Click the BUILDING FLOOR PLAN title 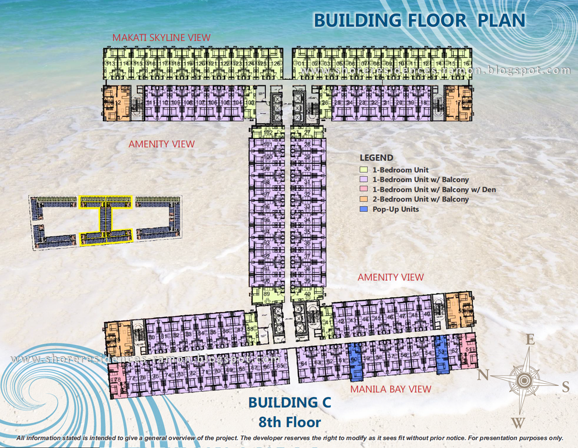pos(419,20)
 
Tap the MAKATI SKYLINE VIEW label pos(161,38)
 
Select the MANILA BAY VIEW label pos(391,389)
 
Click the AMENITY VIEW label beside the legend pos(391,277)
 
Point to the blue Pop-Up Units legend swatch pos(364,209)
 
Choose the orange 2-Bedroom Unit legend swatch pos(364,199)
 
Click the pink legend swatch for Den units pos(364,189)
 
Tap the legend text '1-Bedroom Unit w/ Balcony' pos(420,180)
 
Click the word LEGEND pos(376,158)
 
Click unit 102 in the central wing pos(267,133)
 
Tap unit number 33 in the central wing pos(307,206)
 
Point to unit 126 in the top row pos(277,63)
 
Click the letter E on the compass pos(530,340)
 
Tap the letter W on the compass pos(518,423)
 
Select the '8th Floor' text pos(289,422)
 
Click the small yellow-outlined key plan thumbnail pos(106,221)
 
